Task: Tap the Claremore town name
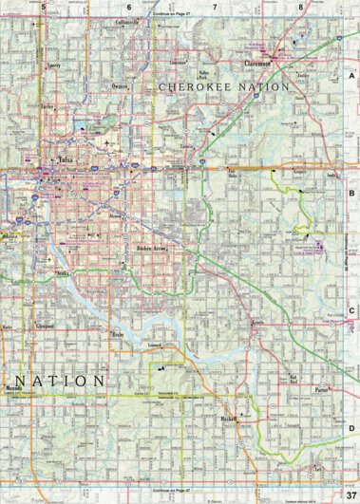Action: tap(257, 64)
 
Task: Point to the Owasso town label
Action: tap(119, 86)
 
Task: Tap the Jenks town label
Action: tap(65, 272)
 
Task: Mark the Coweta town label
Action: tap(257, 323)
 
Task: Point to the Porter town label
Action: tap(320, 389)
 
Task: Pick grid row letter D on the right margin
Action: tap(351, 429)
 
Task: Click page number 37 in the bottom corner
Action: tap(351, 494)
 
